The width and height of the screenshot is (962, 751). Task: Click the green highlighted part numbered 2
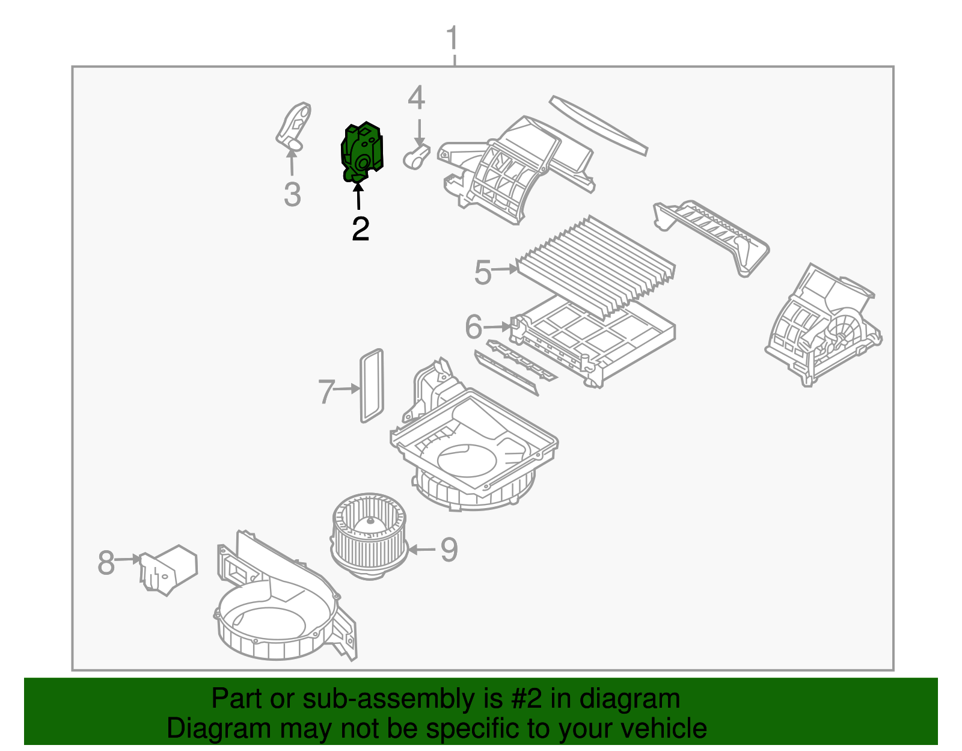(x=362, y=152)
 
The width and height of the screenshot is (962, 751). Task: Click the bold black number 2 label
(x=360, y=229)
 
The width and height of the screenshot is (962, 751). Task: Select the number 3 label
(x=292, y=195)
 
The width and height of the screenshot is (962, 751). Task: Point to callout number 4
(x=416, y=98)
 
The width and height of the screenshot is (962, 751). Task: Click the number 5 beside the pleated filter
(x=483, y=272)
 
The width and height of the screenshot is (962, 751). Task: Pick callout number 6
(x=474, y=328)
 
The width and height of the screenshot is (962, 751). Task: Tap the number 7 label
(x=326, y=392)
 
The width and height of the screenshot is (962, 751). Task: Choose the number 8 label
(x=106, y=563)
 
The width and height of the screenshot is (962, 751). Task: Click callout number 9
(x=449, y=550)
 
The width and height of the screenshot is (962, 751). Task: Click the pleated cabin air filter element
(x=595, y=265)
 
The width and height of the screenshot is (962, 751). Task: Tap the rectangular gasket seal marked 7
(x=371, y=385)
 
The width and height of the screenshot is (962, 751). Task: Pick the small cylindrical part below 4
(x=416, y=158)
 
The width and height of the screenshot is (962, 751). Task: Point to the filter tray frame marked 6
(x=595, y=343)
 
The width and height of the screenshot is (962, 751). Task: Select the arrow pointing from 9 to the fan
(x=422, y=550)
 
